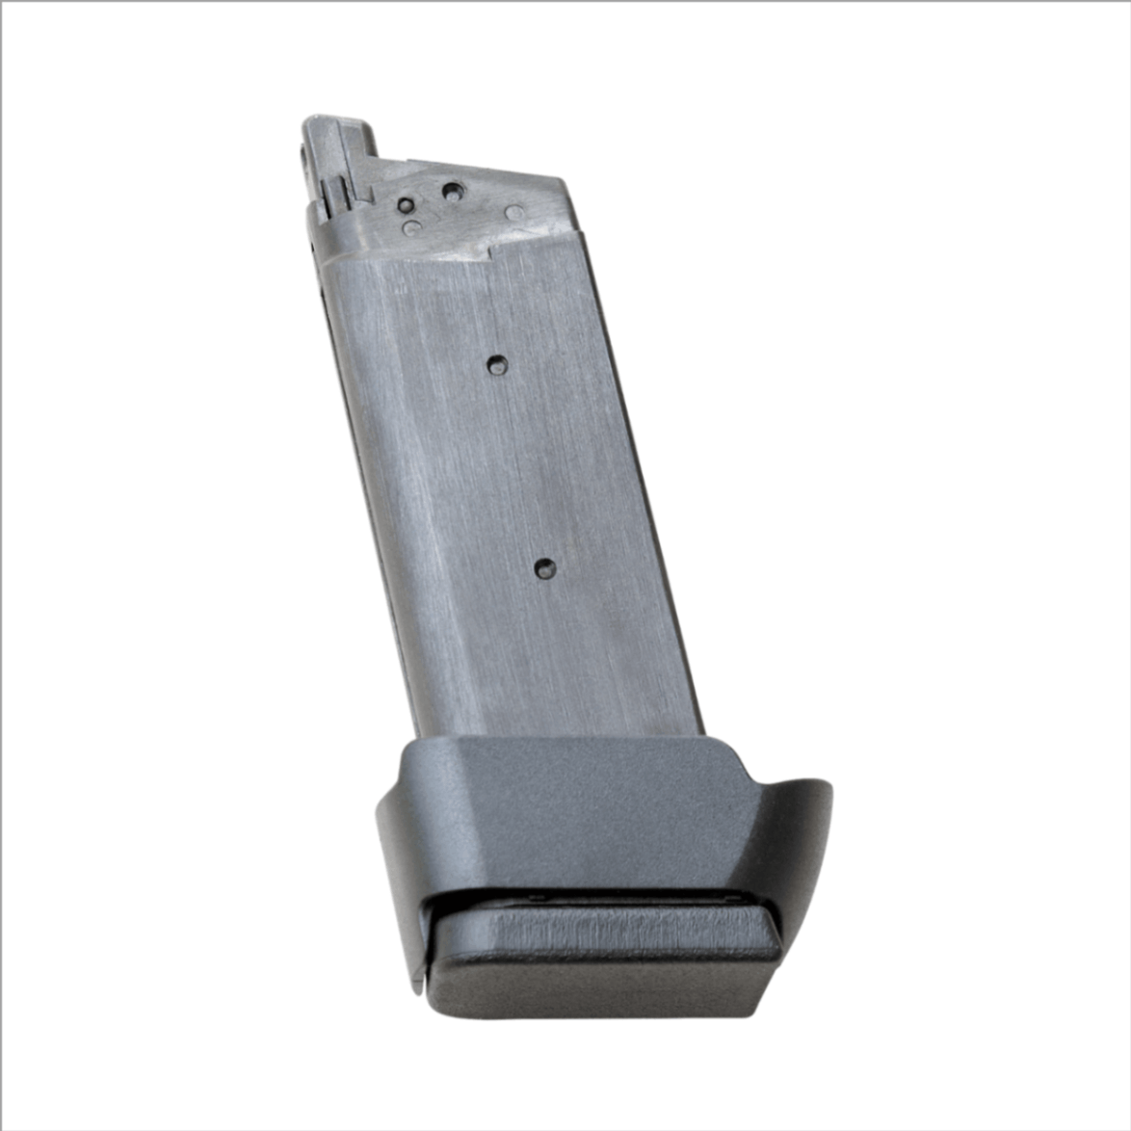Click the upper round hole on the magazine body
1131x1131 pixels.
[497, 364]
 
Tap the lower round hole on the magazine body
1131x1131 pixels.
[545, 567]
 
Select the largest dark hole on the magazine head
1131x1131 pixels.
[451, 191]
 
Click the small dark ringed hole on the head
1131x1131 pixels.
[408, 205]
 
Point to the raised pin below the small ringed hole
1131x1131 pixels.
[413, 228]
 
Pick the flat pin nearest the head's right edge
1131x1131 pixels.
[514, 213]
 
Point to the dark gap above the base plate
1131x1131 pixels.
[597, 902]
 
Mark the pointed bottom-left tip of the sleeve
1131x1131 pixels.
[416, 988]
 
